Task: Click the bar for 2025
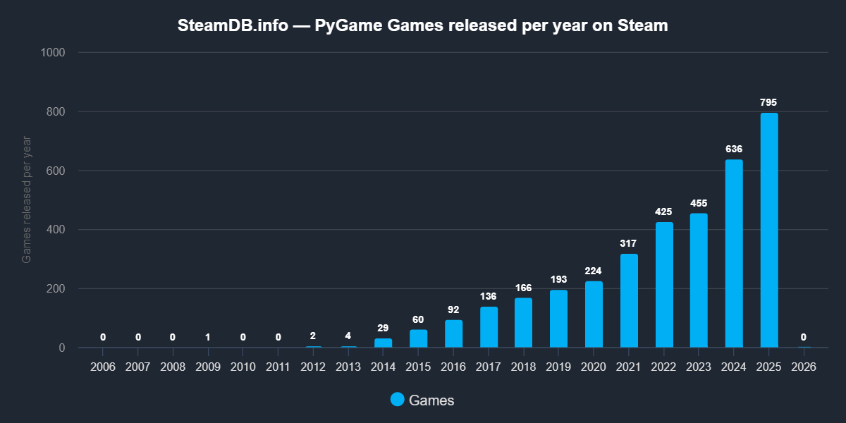pyautogui.click(x=768, y=230)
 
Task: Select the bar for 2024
pyautogui.click(x=734, y=254)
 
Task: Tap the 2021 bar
pyautogui.click(x=629, y=301)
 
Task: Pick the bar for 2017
pyautogui.click(x=489, y=327)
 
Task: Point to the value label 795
pyautogui.click(x=768, y=103)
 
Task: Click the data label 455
pyautogui.click(x=699, y=204)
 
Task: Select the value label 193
pyautogui.click(x=558, y=280)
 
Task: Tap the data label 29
pyautogui.click(x=384, y=329)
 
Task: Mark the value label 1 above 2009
pyautogui.click(x=208, y=337)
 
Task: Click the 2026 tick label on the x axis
pyautogui.click(x=804, y=367)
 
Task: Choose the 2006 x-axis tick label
pyautogui.click(x=103, y=367)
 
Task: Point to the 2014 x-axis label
pyautogui.click(x=384, y=367)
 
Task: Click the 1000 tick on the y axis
pyautogui.click(x=54, y=53)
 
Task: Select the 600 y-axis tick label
pyautogui.click(x=56, y=171)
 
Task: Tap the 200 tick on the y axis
pyautogui.click(x=56, y=289)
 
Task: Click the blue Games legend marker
pyautogui.click(x=398, y=400)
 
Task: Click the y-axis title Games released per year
pyautogui.click(x=27, y=200)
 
